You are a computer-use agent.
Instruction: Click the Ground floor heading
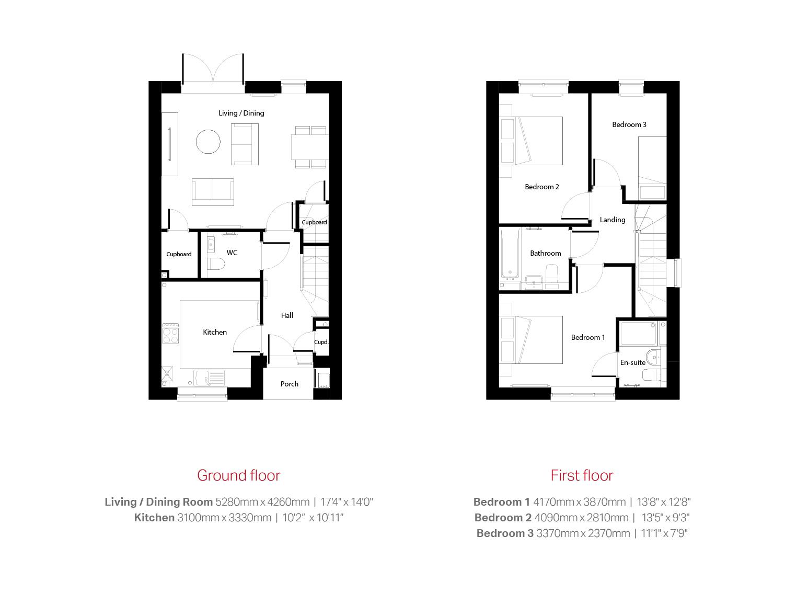click(238, 475)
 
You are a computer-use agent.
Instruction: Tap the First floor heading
click(582, 475)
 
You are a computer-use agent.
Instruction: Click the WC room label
click(232, 253)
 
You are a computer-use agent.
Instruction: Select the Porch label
click(290, 384)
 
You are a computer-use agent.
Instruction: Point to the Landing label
click(613, 220)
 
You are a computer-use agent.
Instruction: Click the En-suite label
click(633, 362)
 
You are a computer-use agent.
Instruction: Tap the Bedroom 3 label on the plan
click(629, 124)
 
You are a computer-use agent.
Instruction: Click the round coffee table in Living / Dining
click(209, 141)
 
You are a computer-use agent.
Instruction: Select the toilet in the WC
click(216, 264)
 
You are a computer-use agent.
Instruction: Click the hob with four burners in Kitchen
click(170, 334)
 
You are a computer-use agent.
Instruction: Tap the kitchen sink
click(209, 378)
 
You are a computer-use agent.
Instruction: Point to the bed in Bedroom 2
click(531, 141)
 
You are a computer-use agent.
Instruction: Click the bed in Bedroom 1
click(531, 340)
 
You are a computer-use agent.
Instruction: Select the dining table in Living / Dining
click(309, 147)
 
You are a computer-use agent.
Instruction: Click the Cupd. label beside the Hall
click(321, 342)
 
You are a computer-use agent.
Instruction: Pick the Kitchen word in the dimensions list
click(154, 518)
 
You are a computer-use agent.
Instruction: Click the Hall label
click(287, 315)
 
